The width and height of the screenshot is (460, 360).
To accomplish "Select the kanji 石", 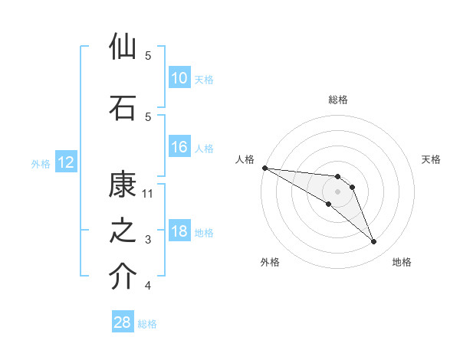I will point(123,108).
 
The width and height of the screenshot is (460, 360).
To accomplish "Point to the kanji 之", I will point(123,231).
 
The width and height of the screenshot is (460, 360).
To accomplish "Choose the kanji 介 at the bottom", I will point(123,277).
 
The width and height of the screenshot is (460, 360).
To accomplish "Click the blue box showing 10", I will point(179,78).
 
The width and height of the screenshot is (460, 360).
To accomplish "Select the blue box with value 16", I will point(179,147).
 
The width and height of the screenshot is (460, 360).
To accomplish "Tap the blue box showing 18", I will point(179,232).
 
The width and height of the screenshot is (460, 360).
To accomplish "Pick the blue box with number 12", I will point(65,162).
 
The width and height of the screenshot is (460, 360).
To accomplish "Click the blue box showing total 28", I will point(123,322).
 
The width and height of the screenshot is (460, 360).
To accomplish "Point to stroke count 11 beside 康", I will point(149,193).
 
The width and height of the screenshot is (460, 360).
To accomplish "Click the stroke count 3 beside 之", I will point(148,240).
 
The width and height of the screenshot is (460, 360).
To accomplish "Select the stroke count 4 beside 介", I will point(148,286).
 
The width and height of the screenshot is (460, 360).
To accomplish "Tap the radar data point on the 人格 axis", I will point(264,168).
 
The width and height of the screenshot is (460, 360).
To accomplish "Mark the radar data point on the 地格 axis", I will point(373,242).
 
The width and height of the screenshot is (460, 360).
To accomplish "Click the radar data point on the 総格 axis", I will point(337,177).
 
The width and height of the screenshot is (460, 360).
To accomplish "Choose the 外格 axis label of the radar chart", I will point(270,262).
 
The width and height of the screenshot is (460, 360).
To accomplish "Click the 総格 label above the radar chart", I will point(337,100).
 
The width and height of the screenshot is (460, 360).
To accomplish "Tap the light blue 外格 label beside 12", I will point(40,163).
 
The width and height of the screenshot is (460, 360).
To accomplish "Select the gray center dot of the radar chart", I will point(337,191).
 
